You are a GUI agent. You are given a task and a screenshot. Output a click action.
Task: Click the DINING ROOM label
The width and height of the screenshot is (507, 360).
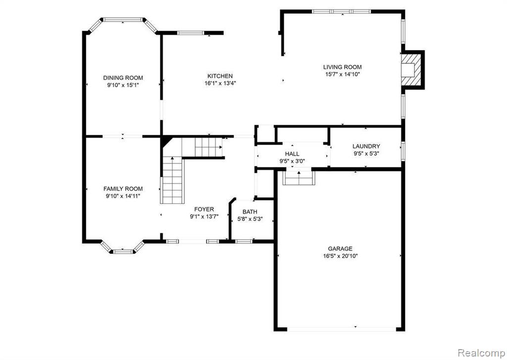pyautogui.click(x=123, y=78)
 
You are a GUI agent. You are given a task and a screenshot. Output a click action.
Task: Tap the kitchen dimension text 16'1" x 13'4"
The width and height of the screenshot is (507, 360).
pyautogui.click(x=220, y=83)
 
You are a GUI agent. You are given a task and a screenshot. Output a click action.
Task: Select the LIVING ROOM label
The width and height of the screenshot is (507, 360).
pyautogui.click(x=342, y=67)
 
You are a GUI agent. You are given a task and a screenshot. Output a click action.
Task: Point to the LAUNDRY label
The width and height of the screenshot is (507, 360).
pyautogui.click(x=366, y=146)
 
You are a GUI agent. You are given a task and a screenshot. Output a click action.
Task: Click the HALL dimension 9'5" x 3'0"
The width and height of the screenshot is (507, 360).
pyautogui.click(x=292, y=160)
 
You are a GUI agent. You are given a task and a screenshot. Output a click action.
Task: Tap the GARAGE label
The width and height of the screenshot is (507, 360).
pyautogui.click(x=340, y=249)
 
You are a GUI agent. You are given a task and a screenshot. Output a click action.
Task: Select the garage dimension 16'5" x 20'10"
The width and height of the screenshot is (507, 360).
pyautogui.click(x=340, y=256)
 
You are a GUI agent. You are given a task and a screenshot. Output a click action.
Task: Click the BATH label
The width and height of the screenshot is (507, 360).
pyautogui.click(x=250, y=211)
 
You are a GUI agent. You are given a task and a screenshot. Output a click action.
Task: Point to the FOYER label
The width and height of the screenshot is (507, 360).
pyautogui.click(x=203, y=209)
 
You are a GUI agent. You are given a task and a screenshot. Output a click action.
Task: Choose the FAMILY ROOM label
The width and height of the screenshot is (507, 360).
pyautogui.click(x=123, y=189)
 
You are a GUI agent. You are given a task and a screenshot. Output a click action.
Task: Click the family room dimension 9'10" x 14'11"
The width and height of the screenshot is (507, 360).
pyautogui.click(x=123, y=196)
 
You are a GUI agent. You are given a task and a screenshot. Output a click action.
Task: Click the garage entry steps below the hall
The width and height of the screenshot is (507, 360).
pyautogui.click(x=299, y=177)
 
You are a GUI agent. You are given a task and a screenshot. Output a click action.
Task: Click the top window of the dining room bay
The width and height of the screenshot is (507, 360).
pyautogui.click(x=123, y=20)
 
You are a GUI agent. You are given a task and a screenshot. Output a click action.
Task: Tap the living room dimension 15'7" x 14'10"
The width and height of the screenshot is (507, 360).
pyautogui.click(x=342, y=74)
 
